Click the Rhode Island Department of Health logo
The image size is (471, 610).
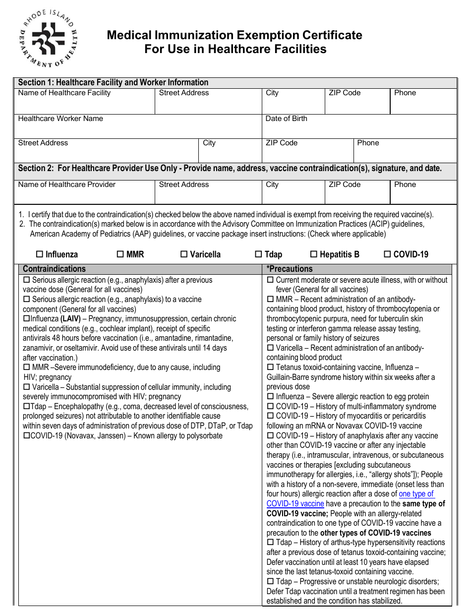pos(48,39)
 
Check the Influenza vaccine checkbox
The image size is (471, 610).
pos(40,254)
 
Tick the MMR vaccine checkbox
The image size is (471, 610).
pos(120,254)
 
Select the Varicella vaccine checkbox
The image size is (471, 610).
pos(183,254)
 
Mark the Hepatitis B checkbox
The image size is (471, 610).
pos(313,254)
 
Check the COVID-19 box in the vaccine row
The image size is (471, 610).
pos(387,254)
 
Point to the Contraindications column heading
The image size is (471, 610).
pos(54,269)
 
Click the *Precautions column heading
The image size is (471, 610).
pos(290,269)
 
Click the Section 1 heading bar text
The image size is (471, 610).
pos(113,82)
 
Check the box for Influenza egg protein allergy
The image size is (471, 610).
pos(270,397)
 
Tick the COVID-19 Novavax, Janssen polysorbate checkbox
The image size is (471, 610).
pos(27,436)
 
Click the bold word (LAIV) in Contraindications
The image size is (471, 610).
pos(70,319)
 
